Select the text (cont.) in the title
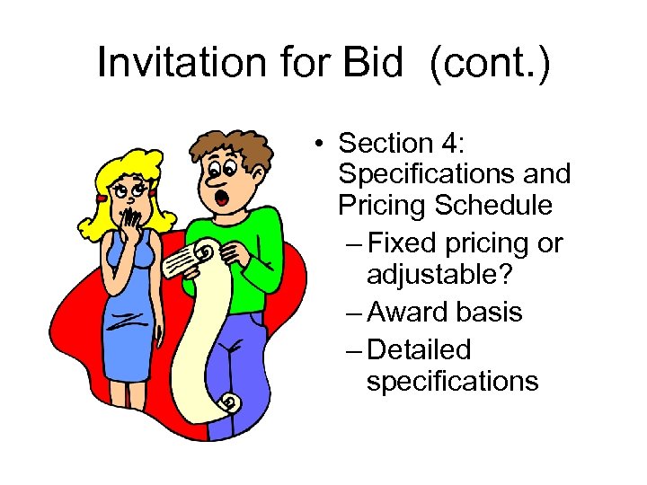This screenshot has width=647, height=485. [491, 64]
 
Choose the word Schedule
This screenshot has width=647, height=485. [493, 205]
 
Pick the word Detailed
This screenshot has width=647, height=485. [420, 349]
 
